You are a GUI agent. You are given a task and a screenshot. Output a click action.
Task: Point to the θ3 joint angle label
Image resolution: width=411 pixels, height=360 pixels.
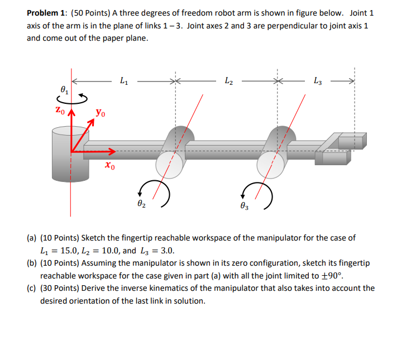[x=245, y=205]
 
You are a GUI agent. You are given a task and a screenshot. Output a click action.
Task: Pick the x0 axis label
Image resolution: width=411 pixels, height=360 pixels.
[x=110, y=165]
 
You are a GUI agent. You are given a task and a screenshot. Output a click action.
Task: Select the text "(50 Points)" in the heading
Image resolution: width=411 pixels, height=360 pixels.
[x=91, y=12]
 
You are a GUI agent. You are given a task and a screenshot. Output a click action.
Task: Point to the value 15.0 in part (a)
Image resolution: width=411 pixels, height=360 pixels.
[x=73, y=250]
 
